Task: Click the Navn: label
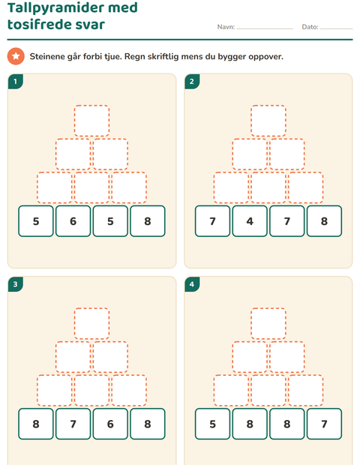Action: pyautogui.click(x=226, y=27)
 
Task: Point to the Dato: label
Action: pyautogui.click(x=310, y=27)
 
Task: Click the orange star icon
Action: pyautogui.click(x=16, y=56)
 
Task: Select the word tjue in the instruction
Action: pyautogui.click(x=113, y=56)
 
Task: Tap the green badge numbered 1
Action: pyautogui.click(x=16, y=81)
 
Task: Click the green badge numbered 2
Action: pyautogui.click(x=192, y=81)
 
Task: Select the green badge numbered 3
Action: pyautogui.click(x=16, y=284)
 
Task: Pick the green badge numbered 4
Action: pyautogui.click(x=192, y=284)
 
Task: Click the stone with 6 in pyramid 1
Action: pyautogui.click(x=73, y=221)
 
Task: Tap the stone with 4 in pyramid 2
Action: pyautogui.click(x=250, y=221)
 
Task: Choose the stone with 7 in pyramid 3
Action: pyautogui.click(x=73, y=424)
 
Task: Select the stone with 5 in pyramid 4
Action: pyautogui.click(x=212, y=424)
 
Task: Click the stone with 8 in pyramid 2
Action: pyautogui.click(x=324, y=221)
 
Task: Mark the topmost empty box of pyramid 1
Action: pyautogui.click(x=91, y=121)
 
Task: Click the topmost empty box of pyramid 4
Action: pyautogui.click(x=268, y=323)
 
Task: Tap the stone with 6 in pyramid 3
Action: pyautogui.click(x=110, y=424)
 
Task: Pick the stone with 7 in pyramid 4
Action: pyautogui.click(x=324, y=424)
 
